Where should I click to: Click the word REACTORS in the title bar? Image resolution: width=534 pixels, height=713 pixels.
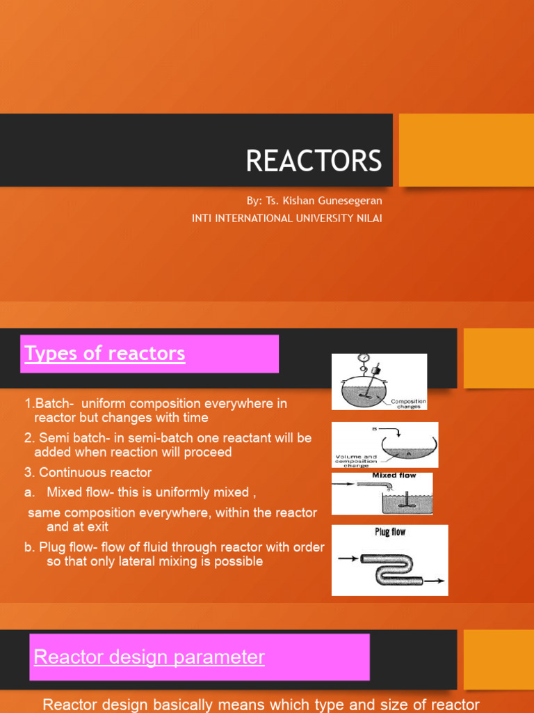[x=314, y=161]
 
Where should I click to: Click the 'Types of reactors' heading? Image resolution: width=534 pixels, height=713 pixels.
[x=105, y=354]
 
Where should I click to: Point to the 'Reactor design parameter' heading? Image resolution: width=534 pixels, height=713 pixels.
[x=149, y=657]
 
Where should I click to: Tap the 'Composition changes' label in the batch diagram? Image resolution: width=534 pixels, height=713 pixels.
[x=408, y=404]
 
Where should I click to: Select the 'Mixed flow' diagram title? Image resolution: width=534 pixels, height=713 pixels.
[x=394, y=476]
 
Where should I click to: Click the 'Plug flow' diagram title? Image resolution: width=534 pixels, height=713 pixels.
[x=390, y=532]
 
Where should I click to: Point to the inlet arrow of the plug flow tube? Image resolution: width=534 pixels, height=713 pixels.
[x=348, y=558]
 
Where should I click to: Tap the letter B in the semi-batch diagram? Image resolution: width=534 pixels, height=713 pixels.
[x=375, y=430]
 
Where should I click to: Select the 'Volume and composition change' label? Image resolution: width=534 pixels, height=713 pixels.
[x=356, y=460]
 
